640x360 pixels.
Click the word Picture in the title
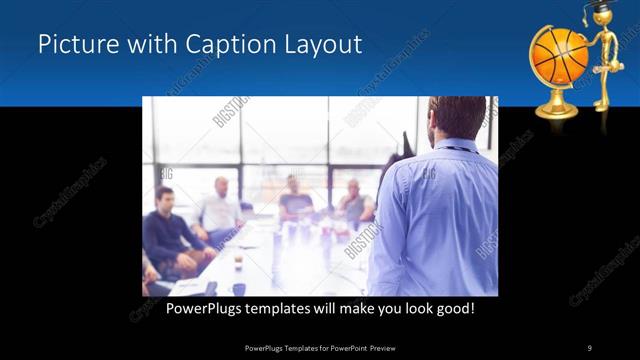(x=71, y=45)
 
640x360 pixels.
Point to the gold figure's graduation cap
(x=599, y=7)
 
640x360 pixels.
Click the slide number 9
(x=589, y=347)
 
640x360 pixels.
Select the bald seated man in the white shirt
(x=220, y=208)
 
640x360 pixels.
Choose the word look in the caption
(x=414, y=309)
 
